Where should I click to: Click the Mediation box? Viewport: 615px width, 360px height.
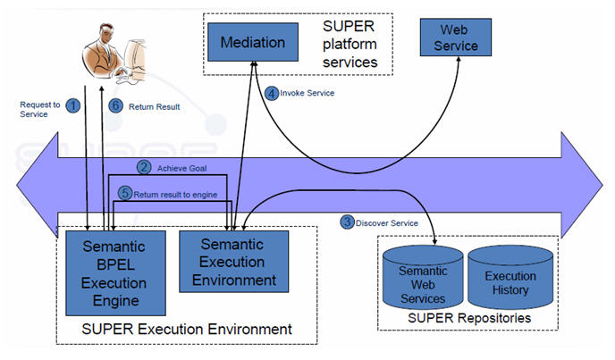coord(253,42)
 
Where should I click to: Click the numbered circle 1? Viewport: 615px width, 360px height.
coord(73,105)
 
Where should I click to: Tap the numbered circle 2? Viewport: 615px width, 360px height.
coord(144,166)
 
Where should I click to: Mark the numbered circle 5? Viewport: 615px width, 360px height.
coord(125,192)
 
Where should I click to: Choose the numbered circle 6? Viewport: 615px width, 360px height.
coord(114,105)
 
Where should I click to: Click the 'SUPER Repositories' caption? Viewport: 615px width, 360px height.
coord(468,318)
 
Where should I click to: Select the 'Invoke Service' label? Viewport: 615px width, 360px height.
coord(308,92)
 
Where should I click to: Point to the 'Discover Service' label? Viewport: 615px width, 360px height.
coord(387,222)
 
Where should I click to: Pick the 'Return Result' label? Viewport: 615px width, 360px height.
coord(155,106)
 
